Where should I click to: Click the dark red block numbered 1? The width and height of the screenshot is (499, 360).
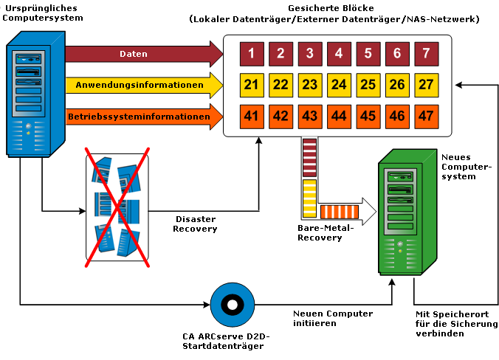point(252,53)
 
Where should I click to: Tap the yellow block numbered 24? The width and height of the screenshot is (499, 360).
point(339,85)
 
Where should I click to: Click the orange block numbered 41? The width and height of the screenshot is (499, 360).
point(252,116)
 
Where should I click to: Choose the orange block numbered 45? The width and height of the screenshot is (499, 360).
point(368,116)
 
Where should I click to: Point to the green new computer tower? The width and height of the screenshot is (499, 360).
point(405,210)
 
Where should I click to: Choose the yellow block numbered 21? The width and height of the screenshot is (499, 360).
point(252,85)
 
